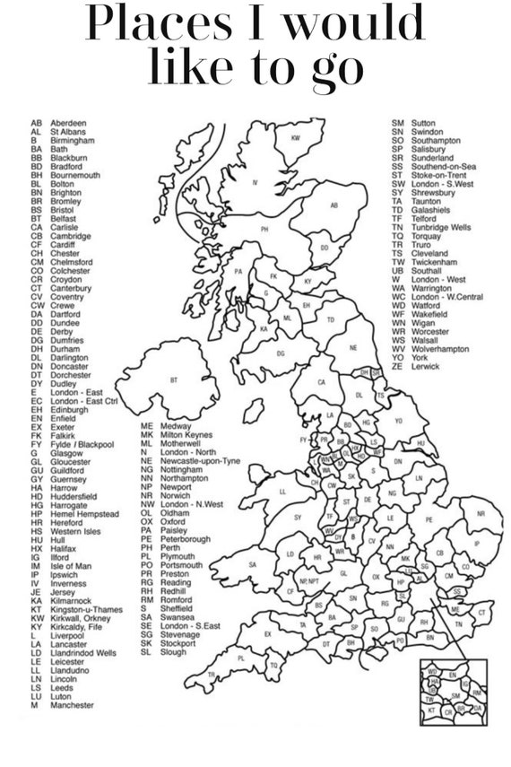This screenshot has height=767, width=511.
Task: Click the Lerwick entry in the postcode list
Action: pos(425,366)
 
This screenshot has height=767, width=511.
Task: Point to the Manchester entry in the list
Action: pos(71,705)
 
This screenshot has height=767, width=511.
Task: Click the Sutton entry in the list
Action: pos(423,122)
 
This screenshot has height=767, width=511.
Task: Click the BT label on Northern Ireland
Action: pos(173,380)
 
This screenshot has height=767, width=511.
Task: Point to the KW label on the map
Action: pos(295,137)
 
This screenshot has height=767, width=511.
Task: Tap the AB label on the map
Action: pos(333,205)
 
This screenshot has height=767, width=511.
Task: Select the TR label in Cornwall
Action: pos(212,675)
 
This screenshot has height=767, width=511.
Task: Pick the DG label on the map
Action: pos(281,353)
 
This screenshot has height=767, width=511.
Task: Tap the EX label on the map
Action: pos(267,633)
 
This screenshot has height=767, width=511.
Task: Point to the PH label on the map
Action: pos(264,229)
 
